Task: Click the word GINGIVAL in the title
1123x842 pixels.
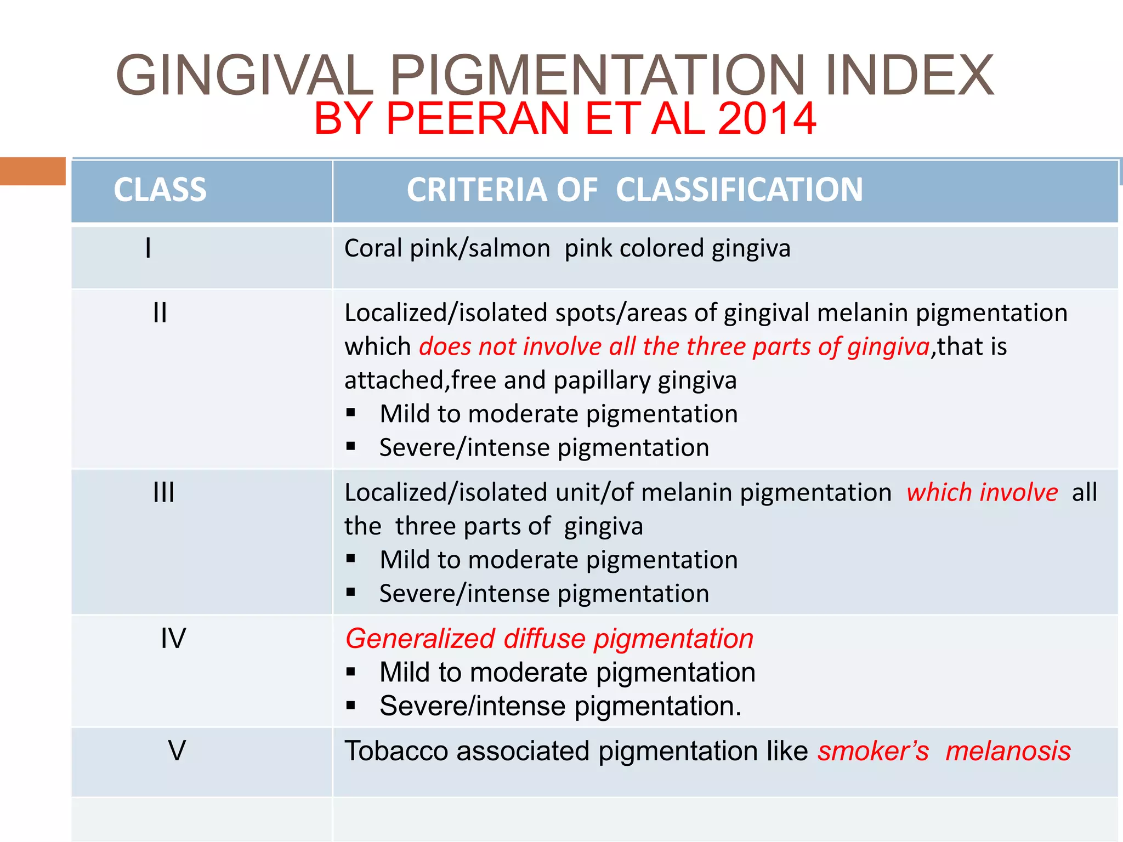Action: (x=245, y=75)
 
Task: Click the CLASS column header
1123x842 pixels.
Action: (x=160, y=190)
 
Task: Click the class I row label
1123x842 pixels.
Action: (x=148, y=248)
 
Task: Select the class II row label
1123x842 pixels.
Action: (x=160, y=313)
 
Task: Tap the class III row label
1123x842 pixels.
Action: (x=163, y=492)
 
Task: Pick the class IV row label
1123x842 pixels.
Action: (x=173, y=638)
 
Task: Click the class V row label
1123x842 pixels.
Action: (x=177, y=750)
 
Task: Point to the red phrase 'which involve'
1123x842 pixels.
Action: (x=982, y=492)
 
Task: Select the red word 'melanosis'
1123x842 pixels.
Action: (x=1008, y=751)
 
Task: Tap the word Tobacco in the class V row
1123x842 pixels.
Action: (x=395, y=751)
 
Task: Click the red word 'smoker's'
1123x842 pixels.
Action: (x=873, y=751)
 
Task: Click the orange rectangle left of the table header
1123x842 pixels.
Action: (x=33, y=171)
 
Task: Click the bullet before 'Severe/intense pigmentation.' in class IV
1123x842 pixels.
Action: (x=351, y=707)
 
